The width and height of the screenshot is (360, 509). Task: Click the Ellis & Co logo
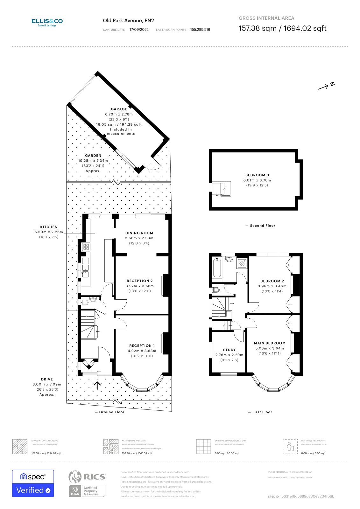point(47,22)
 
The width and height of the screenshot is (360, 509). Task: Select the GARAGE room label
point(119,109)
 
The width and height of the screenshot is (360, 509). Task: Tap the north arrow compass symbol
point(326,86)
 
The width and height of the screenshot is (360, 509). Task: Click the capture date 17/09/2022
point(139,30)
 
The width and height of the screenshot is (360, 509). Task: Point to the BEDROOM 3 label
point(257,175)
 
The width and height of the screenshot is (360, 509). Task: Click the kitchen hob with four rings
point(86,247)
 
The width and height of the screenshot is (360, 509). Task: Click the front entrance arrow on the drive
point(97,385)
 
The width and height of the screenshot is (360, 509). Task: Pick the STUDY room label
point(229,350)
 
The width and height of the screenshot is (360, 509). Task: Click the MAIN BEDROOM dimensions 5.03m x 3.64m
point(269,348)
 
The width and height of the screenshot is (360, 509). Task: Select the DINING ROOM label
point(139,233)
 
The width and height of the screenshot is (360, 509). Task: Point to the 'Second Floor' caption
point(262,226)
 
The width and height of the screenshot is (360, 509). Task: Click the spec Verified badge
point(33,483)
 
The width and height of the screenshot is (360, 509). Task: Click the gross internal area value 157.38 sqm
point(258,28)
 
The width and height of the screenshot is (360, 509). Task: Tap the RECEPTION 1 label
point(142,345)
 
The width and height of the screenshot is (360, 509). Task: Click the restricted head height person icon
point(290,446)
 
